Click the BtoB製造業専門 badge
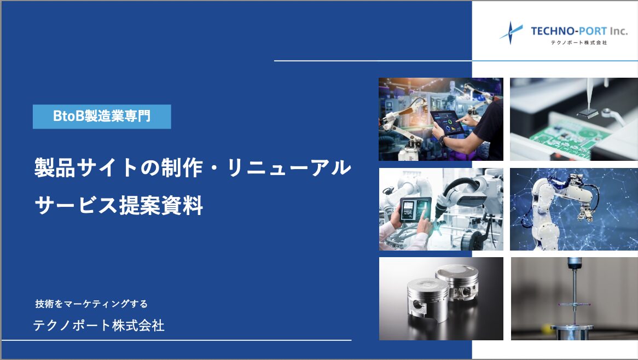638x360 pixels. pyautogui.click(x=102, y=117)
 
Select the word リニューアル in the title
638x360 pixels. pyautogui.click(x=289, y=167)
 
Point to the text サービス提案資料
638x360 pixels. pyautogui.click(x=119, y=205)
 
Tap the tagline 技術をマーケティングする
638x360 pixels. pyautogui.click(x=91, y=304)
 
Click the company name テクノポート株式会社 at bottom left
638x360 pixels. pyautogui.click(x=99, y=326)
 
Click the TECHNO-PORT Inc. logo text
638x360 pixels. pyautogui.click(x=579, y=31)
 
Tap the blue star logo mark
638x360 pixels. pyautogui.click(x=511, y=32)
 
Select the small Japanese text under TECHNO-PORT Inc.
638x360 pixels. pyautogui.click(x=578, y=42)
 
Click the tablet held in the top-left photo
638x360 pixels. pyautogui.click(x=446, y=123)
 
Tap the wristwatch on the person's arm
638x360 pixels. pyautogui.click(x=442, y=141)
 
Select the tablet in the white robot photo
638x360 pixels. pyautogui.click(x=415, y=209)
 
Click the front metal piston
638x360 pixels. pyautogui.click(x=428, y=300)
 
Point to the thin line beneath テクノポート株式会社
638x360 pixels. pyautogui.click(x=177, y=340)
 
